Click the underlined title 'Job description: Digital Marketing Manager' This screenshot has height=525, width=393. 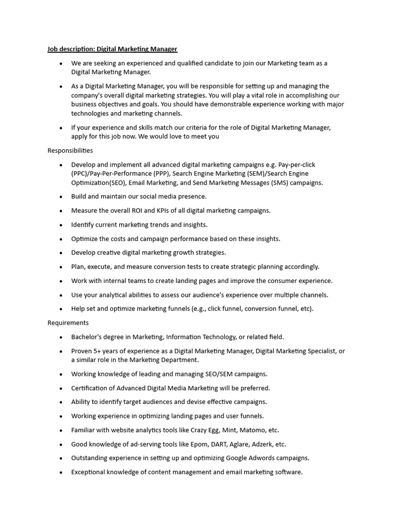[112, 49]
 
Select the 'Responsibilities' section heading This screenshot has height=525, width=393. [70, 151]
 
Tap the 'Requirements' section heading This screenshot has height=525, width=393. [68, 323]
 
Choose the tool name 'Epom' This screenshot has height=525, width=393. [203, 445]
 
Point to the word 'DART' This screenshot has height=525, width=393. [225, 445]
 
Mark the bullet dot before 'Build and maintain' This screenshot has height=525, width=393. [60, 197]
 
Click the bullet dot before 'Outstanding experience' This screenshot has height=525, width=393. [60, 458]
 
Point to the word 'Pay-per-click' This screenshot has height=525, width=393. [297, 165]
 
